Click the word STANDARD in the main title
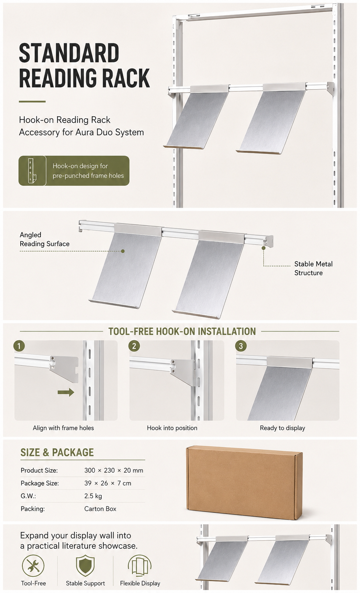tap(69, 53)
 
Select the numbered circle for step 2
tap(134, 346)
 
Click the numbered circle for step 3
tap(241, 346)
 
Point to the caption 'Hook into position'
tap(172, 428)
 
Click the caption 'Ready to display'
tap(282, 428)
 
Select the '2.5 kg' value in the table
tap(93, 496)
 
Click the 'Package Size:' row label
tap(40, 483)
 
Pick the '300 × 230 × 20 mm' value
tap(113, 470)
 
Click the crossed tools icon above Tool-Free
tap(33, 566)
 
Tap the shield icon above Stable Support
tap(85, 566)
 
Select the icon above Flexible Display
tap(140, 566)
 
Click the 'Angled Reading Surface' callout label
tap(45, 239)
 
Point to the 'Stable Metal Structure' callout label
tap(313, 268)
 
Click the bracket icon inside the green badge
tap(32, 171)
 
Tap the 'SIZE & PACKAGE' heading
tap(57, 452)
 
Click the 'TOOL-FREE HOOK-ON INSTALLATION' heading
tap(182, 331)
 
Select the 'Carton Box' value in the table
tap(100, 509)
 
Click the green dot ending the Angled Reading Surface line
tap(123, 251)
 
